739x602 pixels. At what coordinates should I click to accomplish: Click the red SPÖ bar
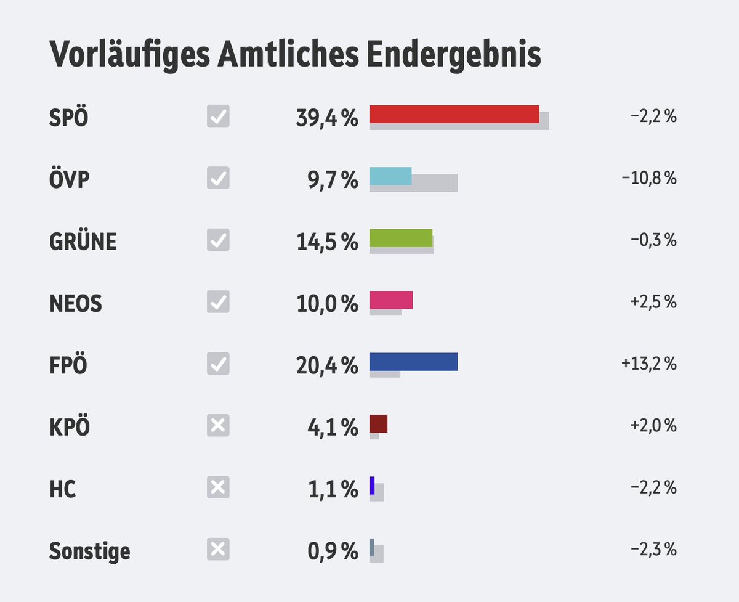point(454,114)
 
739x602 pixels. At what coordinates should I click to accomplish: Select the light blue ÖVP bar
point(390,176)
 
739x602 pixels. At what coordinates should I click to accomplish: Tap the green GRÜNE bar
point(401,238)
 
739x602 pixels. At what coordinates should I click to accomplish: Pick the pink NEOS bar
point(391,299)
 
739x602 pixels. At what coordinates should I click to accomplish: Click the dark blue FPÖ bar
point(414,362)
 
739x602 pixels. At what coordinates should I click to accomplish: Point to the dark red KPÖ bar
point(379,423)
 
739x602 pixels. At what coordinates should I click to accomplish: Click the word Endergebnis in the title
point(454,54)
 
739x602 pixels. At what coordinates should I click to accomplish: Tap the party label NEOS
point(76,303)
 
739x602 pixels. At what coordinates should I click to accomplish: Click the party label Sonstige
point(90,550)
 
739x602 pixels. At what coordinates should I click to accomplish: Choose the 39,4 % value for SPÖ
point(327,118)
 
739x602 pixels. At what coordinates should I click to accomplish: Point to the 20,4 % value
point(327,365)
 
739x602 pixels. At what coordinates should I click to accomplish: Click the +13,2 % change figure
point(649,364)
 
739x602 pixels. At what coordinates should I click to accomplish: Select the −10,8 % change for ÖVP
point(649,179)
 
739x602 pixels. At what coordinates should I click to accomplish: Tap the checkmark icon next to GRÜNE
point(218,240)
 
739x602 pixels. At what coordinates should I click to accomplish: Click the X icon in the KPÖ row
point(218,425)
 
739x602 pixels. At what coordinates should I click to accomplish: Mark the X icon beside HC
point(218,487)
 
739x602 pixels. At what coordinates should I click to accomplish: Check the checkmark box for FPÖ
point(218,364)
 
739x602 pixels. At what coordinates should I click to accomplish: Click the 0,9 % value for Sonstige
point(333,551)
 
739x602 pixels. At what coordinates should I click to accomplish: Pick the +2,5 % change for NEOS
point(653,302)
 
